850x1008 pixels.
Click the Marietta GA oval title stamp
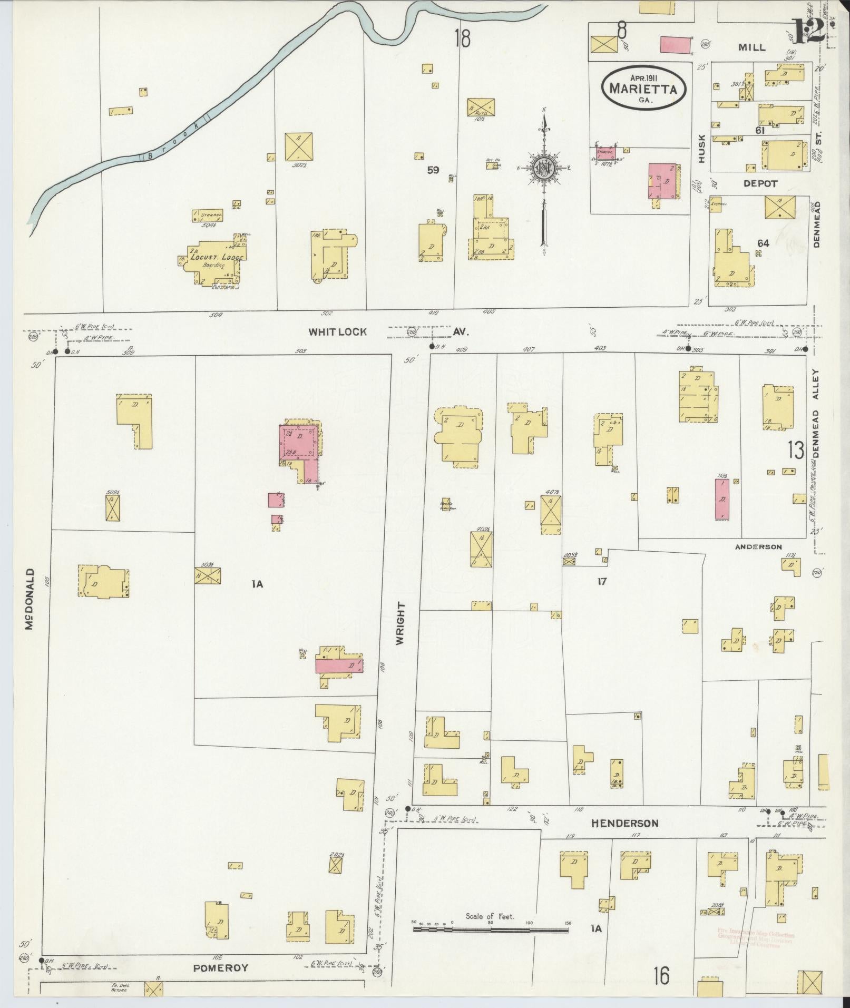tap(643, 88)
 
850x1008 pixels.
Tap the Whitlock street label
tap(337, 332)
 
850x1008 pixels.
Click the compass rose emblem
tap(542, 168)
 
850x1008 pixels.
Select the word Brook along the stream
tap(174, 141)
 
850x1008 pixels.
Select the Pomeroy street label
tap(220, 967)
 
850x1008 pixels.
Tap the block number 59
tap(433, 170)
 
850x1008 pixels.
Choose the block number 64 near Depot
tap(763, 243)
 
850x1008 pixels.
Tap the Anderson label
tap(758, 547)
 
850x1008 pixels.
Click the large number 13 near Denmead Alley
tap(796, 451)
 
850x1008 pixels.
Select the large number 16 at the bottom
tap(661, 975)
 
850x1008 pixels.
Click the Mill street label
tap(751, 47)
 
